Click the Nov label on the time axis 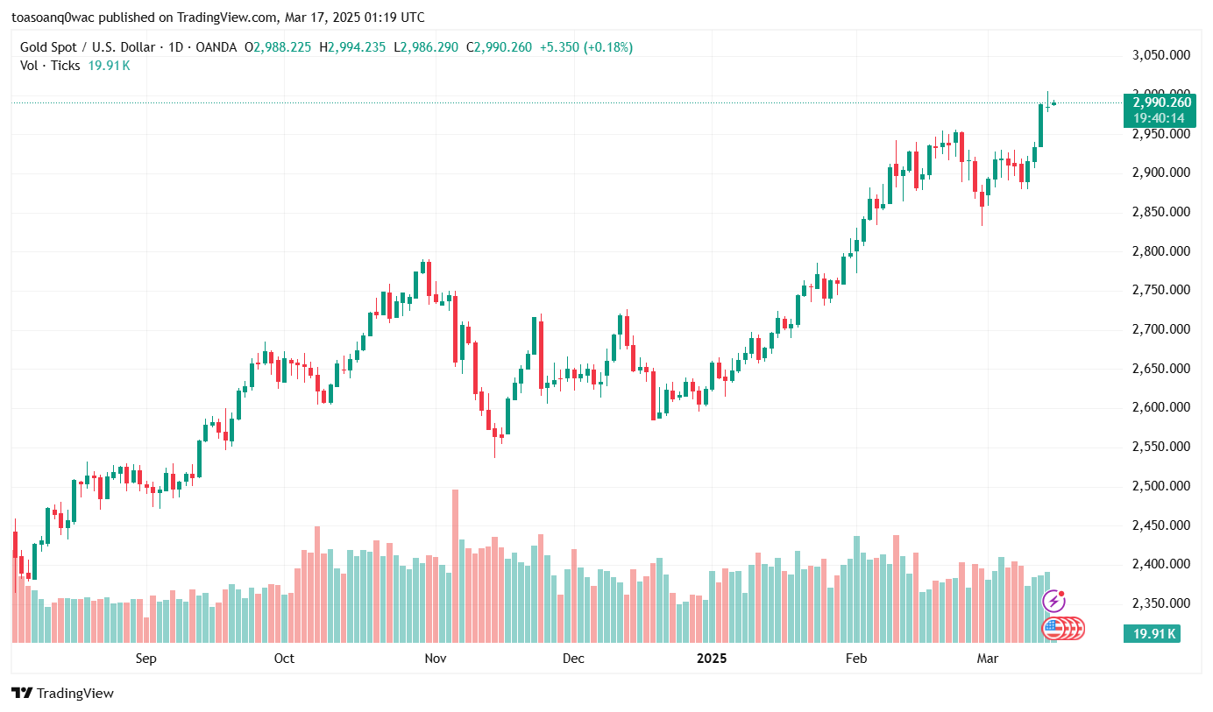(436, 658)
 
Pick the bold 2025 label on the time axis (712, 658)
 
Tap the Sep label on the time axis (146, 658)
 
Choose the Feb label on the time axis (856, 658)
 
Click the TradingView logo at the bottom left (63, 693)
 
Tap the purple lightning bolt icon (1053, 601)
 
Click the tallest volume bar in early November (455, 565)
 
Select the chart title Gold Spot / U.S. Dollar (88, 47)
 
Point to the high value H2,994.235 (352, 47)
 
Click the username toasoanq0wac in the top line (58, 18)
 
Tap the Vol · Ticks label (50, 65)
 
